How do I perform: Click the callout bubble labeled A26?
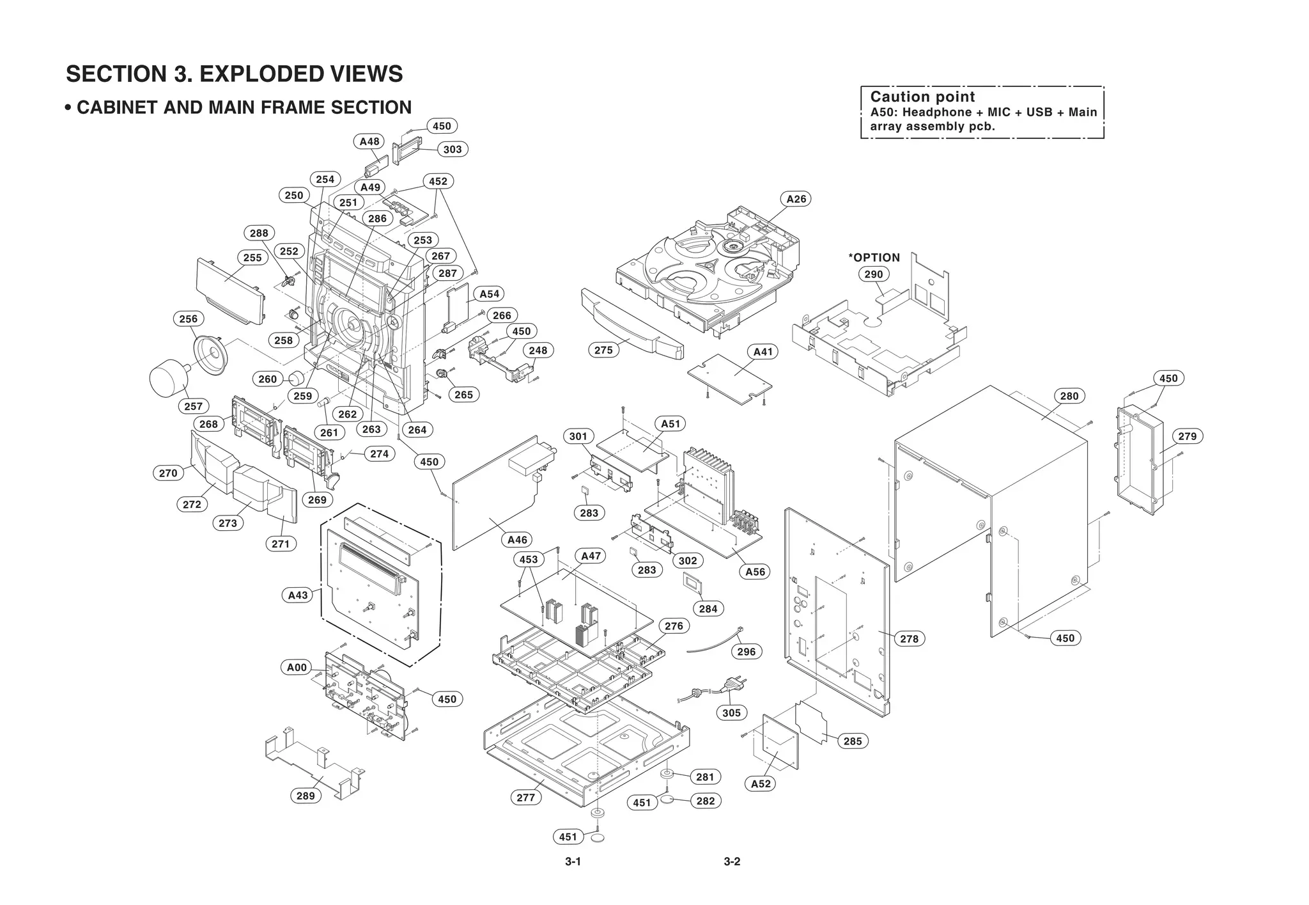point(796,199)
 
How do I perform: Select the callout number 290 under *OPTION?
point(873,274)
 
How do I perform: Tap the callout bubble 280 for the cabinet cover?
point(1069,396)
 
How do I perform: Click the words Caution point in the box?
point(922,97)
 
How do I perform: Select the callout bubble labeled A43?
point(298,595)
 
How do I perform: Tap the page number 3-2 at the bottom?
point(732,862)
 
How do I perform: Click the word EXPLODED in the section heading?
point(263,74)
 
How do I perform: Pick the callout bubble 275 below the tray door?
point(603,350)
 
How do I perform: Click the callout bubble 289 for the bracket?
point(306,796)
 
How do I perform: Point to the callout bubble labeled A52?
point(761,783)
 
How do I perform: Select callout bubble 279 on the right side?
point(1187,436)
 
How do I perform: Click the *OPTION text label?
point(874,258)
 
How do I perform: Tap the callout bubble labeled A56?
point(755,572)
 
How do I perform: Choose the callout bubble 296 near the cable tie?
point(746,652)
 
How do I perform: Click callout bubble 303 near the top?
point(452,149)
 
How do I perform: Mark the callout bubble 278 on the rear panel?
point(909,638)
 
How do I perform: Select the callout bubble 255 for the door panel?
point(252,258)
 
